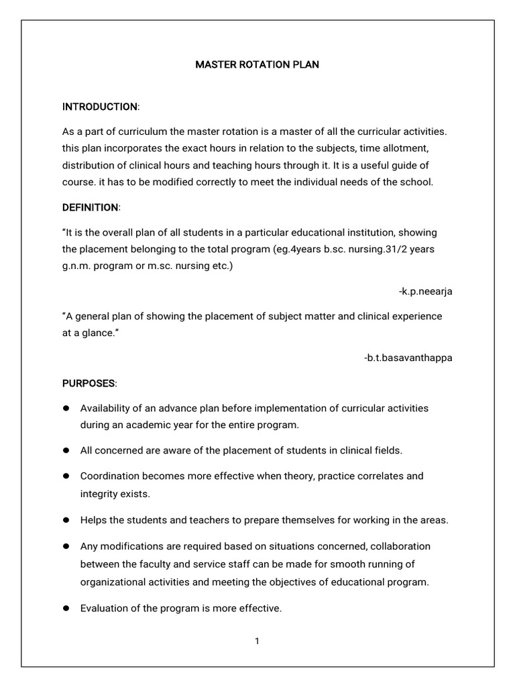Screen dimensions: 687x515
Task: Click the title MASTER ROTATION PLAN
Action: (257, 65)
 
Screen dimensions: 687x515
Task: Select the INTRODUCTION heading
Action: (100, 107)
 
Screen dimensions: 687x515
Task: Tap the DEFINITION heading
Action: (91, 207)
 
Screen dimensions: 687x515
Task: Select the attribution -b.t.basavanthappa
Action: (408, 358)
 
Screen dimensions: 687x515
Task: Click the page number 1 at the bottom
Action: (257, 641)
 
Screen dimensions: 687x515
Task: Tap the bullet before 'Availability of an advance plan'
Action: (66, 408)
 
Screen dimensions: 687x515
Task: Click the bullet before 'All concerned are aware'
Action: (66, 450)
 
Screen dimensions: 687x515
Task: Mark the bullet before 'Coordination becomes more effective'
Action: (66, 476)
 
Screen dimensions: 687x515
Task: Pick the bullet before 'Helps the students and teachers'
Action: (66, 520)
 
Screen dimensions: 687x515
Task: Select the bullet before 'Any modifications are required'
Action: (66, 546)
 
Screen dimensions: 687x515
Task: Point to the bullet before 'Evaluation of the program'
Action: (66, 609)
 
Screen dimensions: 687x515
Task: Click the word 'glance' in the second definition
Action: (95, 333)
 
